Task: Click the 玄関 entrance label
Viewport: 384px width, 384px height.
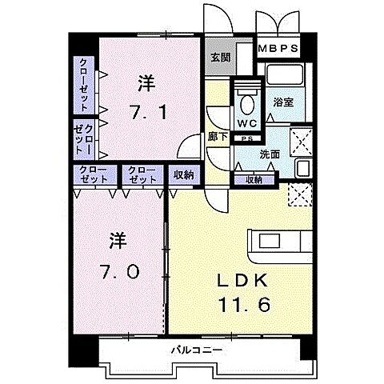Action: pyautogui.click(x=219, y=58)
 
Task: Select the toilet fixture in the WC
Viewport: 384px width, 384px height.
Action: pyautogui.click(x=246, y=104)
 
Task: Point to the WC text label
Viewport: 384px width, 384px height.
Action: pyautogui.click(x=247, y=124)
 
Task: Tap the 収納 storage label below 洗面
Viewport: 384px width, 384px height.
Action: pyautogui.click(x=253, y=180)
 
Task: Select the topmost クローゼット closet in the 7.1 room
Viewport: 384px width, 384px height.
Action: pyautogui.click(x=83, y=85)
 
